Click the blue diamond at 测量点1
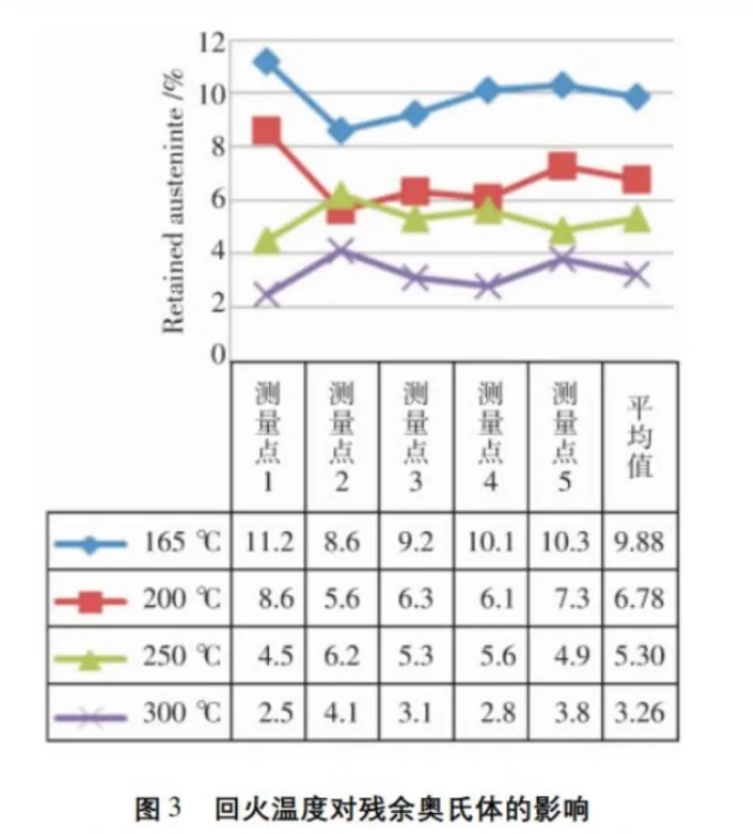pos(266,62)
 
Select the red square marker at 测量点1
pos(266,131)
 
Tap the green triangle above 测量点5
pos(564,229)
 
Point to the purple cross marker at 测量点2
pos(340,250)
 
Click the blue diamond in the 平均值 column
pos(639,96)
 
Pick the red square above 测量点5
pos(564,167)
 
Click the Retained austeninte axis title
pos(174,200)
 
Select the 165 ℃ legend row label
pos(182,542)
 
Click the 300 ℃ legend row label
pos(182,714)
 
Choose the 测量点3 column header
pos(415,434)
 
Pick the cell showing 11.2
pos(268,542)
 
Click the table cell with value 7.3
pos(565,600)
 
